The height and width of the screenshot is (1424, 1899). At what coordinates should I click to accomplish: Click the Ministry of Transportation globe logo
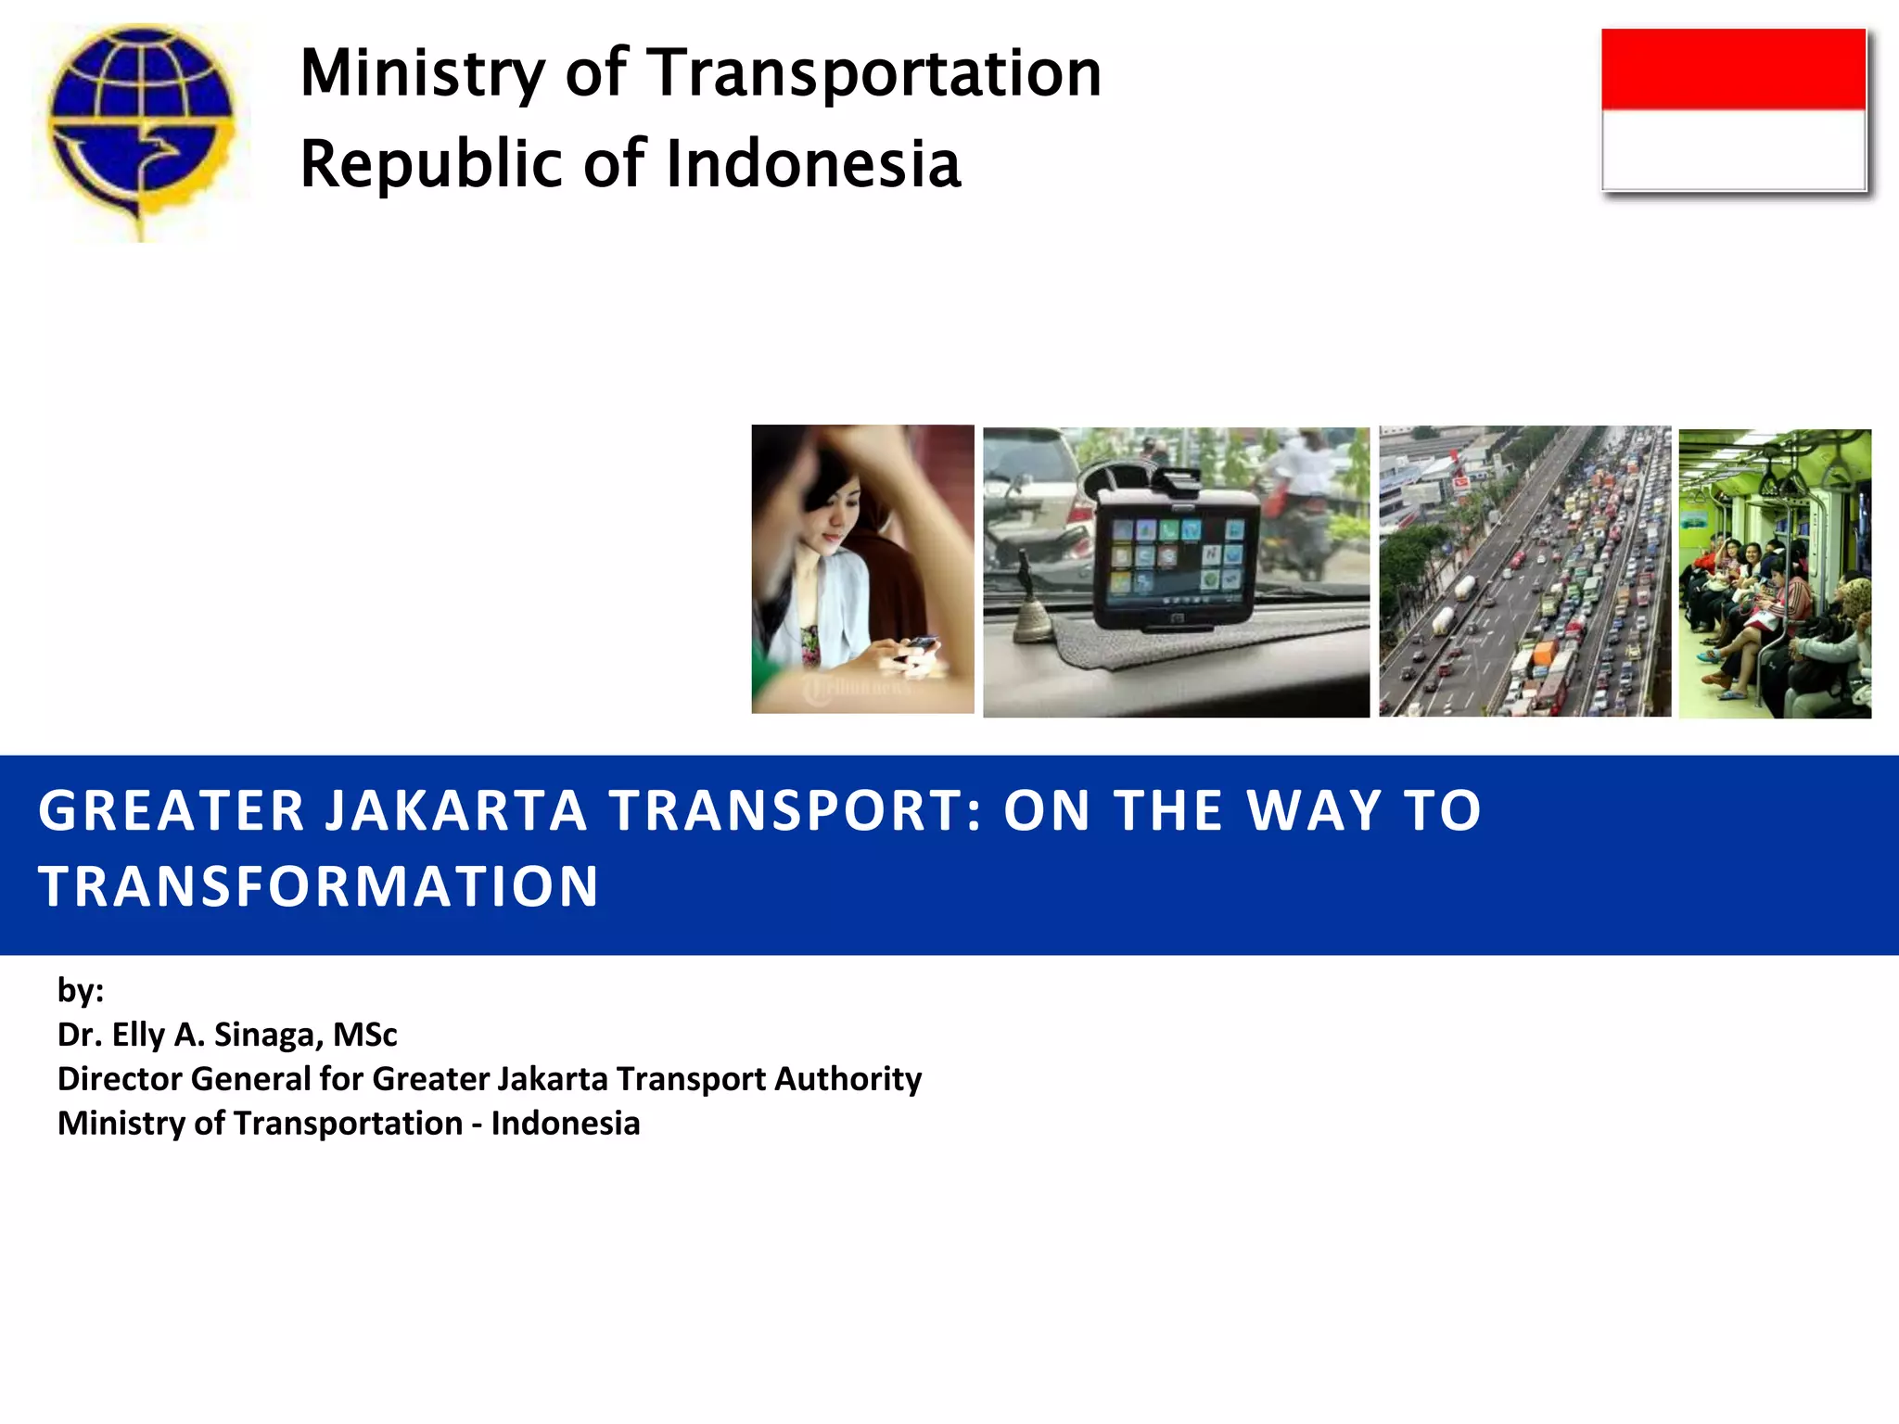click(x=141, y=130)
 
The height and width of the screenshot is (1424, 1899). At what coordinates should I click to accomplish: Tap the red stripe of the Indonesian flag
click(x=1733, y=69)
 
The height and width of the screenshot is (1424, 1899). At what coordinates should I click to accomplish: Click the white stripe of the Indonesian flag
click(x=1733, y=149)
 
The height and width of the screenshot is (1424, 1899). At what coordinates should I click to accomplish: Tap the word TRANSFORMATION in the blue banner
click(x=319, y=886)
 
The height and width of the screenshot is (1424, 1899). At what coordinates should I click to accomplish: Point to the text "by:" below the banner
click(x=81, y=990)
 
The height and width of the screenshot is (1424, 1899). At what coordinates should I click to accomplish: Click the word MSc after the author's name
click(x=364, y=1035)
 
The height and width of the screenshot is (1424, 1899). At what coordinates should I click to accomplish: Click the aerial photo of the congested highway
click(x=1524, y=571)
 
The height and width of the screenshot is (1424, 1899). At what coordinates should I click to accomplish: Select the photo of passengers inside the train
click(x=1775, y=574)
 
